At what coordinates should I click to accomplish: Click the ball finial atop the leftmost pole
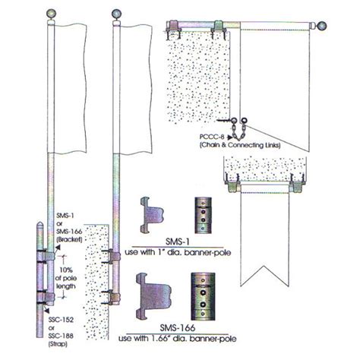click(52, 13)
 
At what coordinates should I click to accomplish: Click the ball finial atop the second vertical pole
click(115, 13)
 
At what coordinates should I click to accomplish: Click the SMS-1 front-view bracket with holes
click(201, 215)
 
